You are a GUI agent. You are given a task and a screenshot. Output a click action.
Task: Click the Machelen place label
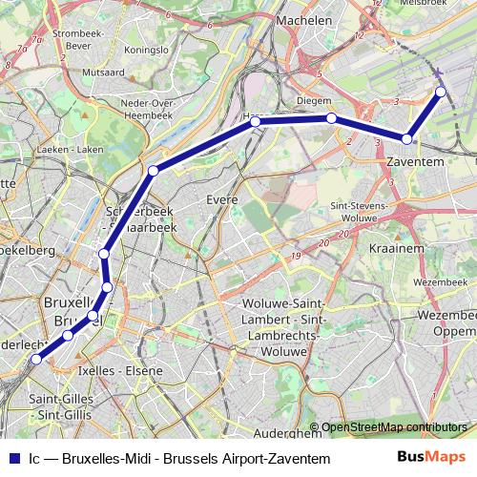pyautogui.click(x=303, y=20)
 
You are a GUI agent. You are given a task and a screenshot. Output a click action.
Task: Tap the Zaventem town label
pyautogui.click(x=416, y=163)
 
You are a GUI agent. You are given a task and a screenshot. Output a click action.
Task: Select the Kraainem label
pyautogui.click(x=390, y=246)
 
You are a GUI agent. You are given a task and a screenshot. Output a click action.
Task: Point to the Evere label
pyautogui.click(x=221, y=199)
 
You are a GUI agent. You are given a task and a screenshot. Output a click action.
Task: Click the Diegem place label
pyautogui.click(x=314, y=100)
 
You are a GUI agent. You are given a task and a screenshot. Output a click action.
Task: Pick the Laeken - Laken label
pyautogui.click(x=75, y=150)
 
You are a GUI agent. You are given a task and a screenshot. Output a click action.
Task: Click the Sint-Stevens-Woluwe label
pyautogui.click(x=358, y=211)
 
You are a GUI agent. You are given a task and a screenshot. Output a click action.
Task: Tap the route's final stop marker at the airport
pyautogui.click(x=441, y=92)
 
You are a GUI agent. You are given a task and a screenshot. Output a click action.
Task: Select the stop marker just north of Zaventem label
pyautogui.click(x=407, y=139)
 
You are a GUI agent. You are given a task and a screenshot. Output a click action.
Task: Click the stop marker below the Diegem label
pyautogui.click(x=330, y=118)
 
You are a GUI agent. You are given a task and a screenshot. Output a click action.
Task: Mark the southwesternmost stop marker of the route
pyautogui.click(x=36, y=360)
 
